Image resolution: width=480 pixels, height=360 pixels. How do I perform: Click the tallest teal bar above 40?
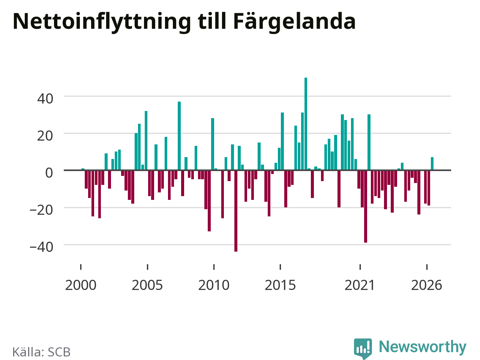pyautogui.click(x=306, y=124)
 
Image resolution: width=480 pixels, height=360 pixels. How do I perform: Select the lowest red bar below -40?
pyautogui.click(x=236, y=211)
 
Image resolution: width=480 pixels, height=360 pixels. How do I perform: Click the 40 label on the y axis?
pyautogui.click(x=45, y=99)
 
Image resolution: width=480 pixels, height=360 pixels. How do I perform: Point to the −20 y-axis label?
pyautogui.click(x=41, y=210)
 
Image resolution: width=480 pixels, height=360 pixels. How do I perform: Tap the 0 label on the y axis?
pyautogui.click(x=49, y=173)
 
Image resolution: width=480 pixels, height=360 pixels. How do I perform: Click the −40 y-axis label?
pyautogui.click(x=41, y=247)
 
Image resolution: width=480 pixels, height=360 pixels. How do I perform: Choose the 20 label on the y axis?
pyautogui.click(x=45, y=136)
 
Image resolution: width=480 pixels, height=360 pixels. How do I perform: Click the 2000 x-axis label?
pyautogui.click(x=81, y=285)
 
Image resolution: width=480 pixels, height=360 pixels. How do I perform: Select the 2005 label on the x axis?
pyautogui.click(x=147, y=285)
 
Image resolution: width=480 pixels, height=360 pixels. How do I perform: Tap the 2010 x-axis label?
pyautogui.click(x=214, y=285)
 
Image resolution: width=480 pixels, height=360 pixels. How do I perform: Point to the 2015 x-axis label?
pyautogui.click(x=280, y=285)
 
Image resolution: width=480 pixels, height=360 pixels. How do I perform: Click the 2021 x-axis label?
pyautogui.click(x=360, y=285)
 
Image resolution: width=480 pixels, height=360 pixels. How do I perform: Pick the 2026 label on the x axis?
pyautogui.click(x=427, y=285)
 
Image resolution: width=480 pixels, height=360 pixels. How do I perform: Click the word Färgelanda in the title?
pyautogui.click(x=294, y=22)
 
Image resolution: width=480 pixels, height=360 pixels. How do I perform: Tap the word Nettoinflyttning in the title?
pyautogui.click(x=102, y=22)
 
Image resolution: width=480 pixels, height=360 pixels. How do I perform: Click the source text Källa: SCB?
pyautogui.click(x=41, y=352)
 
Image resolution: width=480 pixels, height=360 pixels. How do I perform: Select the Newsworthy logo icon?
pyautogui.click(x=363, y=348)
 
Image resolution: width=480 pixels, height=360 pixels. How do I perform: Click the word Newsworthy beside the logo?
pyautogui.click(x=423, y=347)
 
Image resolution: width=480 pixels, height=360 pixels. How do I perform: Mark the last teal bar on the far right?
pyautogui.click(x=432, y=163)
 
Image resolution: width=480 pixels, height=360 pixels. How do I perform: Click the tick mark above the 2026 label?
pyautogui.click(x=427, y=267)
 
